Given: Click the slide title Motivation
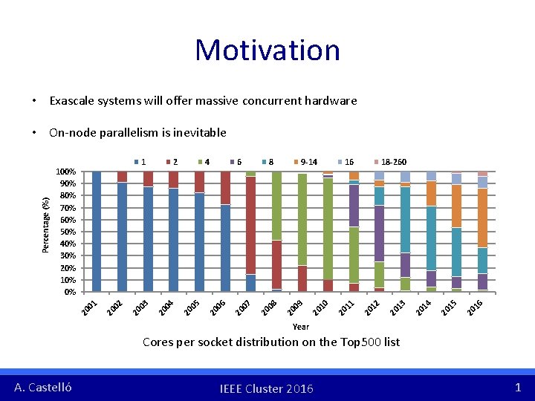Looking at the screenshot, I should click(x=267, y=50).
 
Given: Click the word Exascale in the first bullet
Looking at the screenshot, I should click(x=71, y=100).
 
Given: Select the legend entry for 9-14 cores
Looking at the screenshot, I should click(x=306, y=161).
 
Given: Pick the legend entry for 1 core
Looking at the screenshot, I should click(x=140, y=161).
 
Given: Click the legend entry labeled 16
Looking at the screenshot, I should click(x=346, y=161).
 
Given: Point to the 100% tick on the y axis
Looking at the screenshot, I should click(x=66, y=172).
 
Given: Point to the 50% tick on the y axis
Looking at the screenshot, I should click(x=68, y=232).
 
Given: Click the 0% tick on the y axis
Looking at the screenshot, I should click(x=70, y=292).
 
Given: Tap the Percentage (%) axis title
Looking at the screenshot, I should click(x=46, y=224).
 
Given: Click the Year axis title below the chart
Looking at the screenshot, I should click(x=301, y=327).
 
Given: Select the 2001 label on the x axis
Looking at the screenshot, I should click(x=90, y=305).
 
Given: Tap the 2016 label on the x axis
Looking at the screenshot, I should click(x=475, y=305).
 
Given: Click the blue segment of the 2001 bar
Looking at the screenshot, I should click(x=97, y=230).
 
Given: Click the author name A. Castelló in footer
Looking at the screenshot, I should click(x=43, y=387).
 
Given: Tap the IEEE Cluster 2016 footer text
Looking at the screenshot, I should click(x=267, y=388).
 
